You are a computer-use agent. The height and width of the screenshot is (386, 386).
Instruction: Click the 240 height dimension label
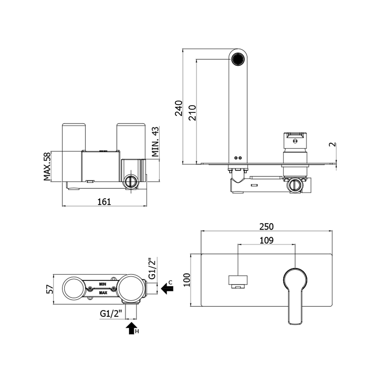coord(179,108)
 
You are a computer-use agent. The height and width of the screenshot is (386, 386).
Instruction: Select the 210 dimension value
coord(192,113)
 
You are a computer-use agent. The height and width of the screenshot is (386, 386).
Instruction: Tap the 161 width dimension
coord(104,201)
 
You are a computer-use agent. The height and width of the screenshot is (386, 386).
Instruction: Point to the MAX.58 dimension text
coord(47,167)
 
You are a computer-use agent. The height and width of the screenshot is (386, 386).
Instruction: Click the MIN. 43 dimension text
coord(155,142)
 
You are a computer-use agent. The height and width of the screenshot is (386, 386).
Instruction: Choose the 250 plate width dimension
coord(266,226)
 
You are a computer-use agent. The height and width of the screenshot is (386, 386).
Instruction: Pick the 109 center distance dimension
coord(266,240)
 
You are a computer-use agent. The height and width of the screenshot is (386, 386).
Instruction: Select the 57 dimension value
coord(50,289)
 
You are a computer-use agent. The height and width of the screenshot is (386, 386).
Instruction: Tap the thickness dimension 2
coord(333,144)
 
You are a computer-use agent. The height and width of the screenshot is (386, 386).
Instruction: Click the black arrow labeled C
coord(167,289)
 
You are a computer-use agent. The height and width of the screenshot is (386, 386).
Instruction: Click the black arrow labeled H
coord(131,328)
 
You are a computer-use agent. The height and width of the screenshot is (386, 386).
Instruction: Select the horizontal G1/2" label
coord(112,314)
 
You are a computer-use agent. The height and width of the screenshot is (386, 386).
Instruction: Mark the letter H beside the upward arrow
coord(137,331)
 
